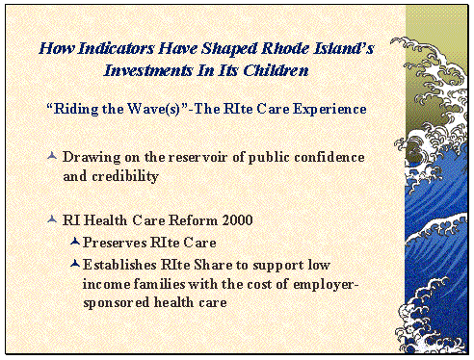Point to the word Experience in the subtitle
coord(329,109)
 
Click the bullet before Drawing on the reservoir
coord(51,156)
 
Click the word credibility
coord(124,176)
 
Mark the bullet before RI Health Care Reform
coord(51,220)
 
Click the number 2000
coord(235,221)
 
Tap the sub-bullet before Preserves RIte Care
coord(75,242)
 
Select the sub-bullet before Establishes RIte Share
coord(75,263)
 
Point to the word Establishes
coord(118,264)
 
